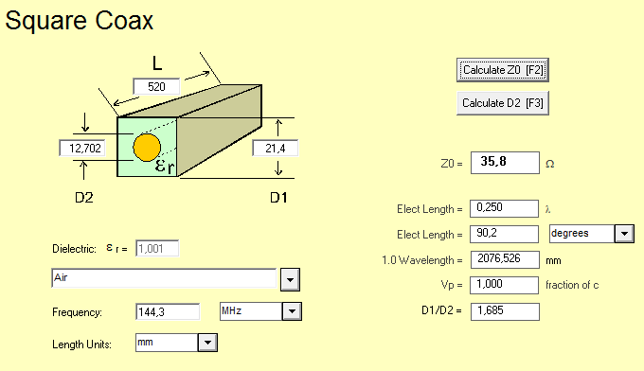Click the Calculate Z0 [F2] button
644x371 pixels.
[502, 70]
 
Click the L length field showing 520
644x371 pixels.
[156, 86]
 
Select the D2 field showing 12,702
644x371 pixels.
[82, 149]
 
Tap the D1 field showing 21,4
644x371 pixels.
[276, 149]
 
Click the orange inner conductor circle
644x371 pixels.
[147, 148]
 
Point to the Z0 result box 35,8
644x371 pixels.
[505, 163]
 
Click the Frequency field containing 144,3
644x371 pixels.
[168, 312]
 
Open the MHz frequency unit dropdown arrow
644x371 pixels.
[292, 311]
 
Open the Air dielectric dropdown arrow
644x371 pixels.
[290, 280]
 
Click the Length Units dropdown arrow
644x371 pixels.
[207, 343]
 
